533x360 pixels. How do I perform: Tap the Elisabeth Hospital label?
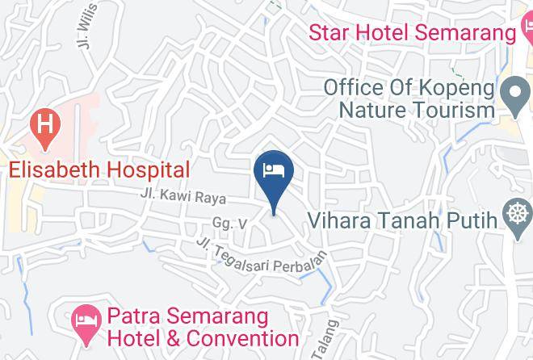point(99,170)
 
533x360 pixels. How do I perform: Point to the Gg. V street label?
point(229,223)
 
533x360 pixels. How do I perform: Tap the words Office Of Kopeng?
point(409,86)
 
